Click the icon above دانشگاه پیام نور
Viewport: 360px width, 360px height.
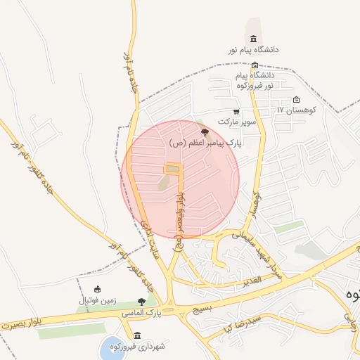point(253,39)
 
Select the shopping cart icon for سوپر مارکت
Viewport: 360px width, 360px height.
point(236,111)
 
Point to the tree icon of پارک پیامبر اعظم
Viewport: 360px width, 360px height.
point(205,131)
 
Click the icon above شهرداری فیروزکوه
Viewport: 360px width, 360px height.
point(136,335)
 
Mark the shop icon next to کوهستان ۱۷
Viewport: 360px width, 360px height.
point(296,99)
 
